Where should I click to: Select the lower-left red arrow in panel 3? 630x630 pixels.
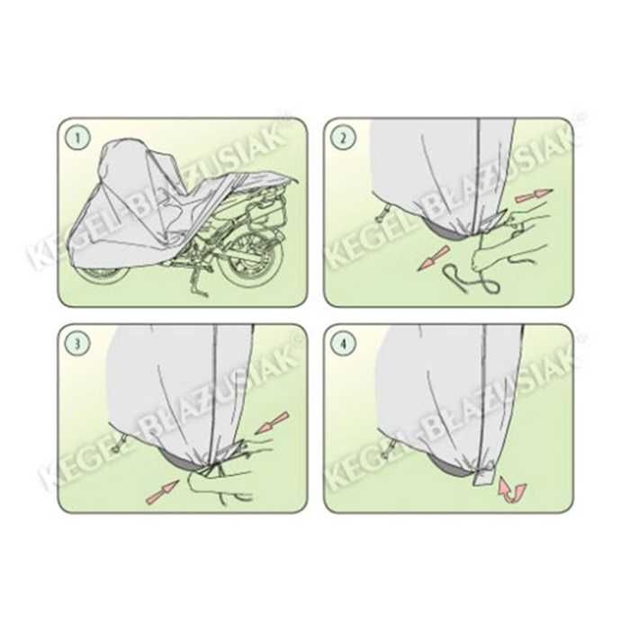(161, 489)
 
